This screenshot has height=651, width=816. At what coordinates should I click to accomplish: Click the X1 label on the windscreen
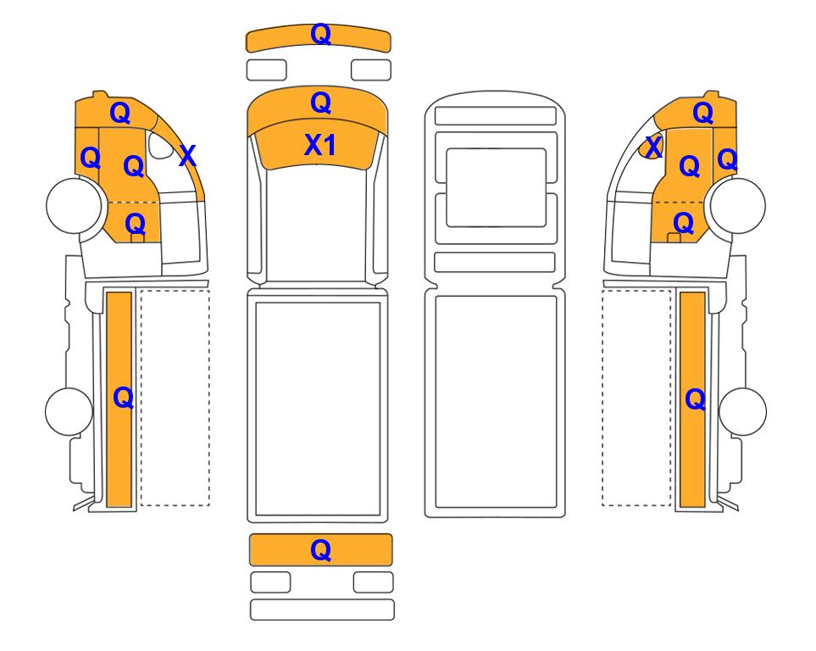320,145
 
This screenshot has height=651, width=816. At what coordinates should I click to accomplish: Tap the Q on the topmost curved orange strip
320,35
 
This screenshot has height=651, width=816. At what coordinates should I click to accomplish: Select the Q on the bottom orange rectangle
320,550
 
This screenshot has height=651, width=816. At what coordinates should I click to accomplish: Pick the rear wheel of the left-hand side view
69,411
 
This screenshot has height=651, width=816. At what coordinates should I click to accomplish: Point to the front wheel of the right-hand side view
738,206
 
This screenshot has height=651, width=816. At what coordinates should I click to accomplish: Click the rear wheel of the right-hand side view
742,411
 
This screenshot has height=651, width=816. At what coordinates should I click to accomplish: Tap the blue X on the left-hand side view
187,155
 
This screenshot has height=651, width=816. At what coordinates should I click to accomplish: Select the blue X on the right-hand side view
652,147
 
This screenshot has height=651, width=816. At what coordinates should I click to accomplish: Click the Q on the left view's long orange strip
124,398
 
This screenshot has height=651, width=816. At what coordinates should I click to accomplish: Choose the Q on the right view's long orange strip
696,400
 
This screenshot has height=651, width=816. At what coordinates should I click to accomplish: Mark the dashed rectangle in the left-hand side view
175,398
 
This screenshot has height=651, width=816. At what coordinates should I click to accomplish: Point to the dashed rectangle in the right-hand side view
636,398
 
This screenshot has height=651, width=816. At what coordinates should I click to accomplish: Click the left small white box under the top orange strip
266,70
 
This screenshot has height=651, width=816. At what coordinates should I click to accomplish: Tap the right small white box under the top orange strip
371,70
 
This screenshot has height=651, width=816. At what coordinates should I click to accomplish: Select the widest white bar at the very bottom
322,609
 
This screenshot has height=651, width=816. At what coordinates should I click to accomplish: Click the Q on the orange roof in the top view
320,103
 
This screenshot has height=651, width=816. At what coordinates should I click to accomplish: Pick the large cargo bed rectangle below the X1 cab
318,409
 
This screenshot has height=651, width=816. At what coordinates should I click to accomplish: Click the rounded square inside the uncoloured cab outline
496,187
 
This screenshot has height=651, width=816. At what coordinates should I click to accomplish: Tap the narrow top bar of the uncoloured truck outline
496,115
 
